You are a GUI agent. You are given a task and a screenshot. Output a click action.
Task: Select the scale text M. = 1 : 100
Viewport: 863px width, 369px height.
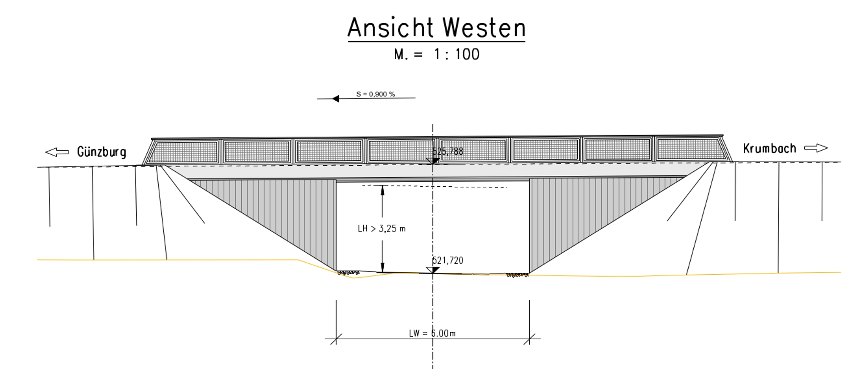pyautogui.click(x=437, y=54)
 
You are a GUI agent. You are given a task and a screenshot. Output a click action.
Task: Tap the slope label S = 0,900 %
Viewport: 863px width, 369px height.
pyautogui.click(x=375, y=94)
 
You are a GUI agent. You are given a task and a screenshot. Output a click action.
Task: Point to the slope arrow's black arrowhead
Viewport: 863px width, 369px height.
pyautogui.click(x=336, y=98)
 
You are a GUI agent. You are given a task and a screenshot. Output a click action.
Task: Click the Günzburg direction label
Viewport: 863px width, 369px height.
pyautogui.click(x=101, y=152)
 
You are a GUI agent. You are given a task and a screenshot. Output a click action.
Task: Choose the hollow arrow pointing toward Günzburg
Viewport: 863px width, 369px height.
pyautogui.click(x=57, y=152)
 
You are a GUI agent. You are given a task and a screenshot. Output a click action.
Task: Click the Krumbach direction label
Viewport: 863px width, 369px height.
pyautogui.click(x=769, y=148)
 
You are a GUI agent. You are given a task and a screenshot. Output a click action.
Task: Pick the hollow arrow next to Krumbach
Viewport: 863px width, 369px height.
pyautogui.click(x=816, y=148)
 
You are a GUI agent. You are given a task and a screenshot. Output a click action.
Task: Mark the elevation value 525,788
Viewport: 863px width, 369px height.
pyautogui.click(x=448, y=152)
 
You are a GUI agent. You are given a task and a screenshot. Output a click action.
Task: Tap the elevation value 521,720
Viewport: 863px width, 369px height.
pyautogui.click(x=448, y=260)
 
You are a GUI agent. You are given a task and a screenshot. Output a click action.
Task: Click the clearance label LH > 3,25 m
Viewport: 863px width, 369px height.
pyautogui.click(x=382, y=228)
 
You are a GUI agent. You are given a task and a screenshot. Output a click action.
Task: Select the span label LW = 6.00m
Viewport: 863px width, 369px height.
pyautogui.click(x=432, y=333)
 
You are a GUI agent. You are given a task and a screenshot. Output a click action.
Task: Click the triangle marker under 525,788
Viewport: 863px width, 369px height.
pyautogui.click(x=432, y=161)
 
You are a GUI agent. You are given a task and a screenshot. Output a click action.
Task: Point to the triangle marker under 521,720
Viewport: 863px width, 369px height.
pyautogui.click(x=432, y=270)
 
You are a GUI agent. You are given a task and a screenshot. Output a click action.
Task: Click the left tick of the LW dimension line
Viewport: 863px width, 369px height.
pyautogui.click(x=336, y=339)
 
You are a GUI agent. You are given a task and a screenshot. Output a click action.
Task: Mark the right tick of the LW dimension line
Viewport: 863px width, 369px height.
pyautogui.click(x=529, y=339)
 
